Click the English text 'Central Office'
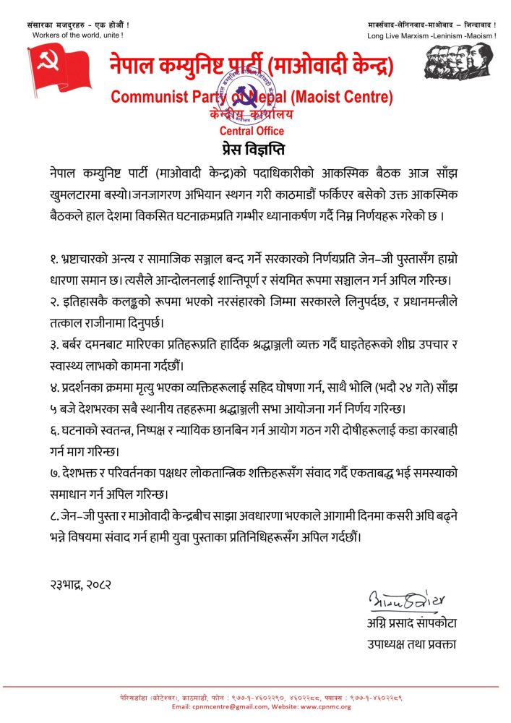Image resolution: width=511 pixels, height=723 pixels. pyautogui.click(x=252, y=132)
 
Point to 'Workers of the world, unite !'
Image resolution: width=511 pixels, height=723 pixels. pyautogui.click(x=77, y=35)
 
